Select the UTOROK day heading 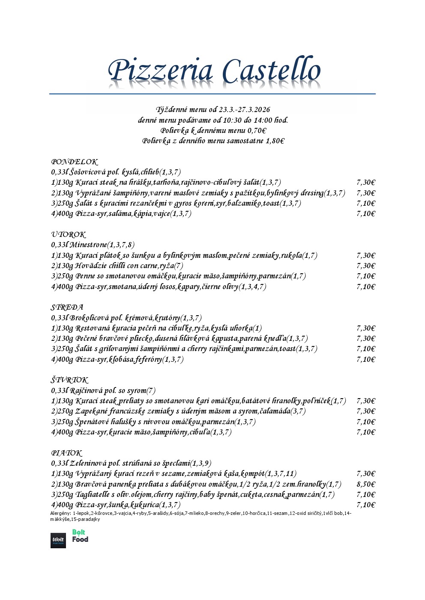pos(69,235)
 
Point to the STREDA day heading pos(67,307)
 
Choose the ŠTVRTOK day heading pos(70,380)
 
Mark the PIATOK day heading pos(66,453)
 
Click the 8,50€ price pos(365,485)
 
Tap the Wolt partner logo pos(58,541)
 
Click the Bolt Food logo pos(80,536)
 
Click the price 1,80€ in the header pos(275,141)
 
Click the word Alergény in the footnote pos(60,513)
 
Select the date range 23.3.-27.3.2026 pos(245,110)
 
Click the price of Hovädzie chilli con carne pos(365,266)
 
